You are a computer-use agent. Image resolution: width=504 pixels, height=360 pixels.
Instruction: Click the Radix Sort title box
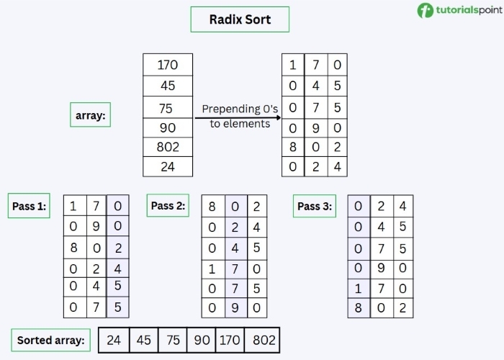point(240,19)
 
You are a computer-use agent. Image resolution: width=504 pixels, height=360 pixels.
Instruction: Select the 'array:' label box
point(90,114)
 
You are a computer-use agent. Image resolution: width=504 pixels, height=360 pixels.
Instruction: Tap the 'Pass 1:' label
point(30,207)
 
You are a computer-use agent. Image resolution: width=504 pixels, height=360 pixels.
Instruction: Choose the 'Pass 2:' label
point(168,206)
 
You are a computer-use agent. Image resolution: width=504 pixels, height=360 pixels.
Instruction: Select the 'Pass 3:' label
point(315,207)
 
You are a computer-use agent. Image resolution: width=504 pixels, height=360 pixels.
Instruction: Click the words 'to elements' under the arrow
point(240,124)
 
